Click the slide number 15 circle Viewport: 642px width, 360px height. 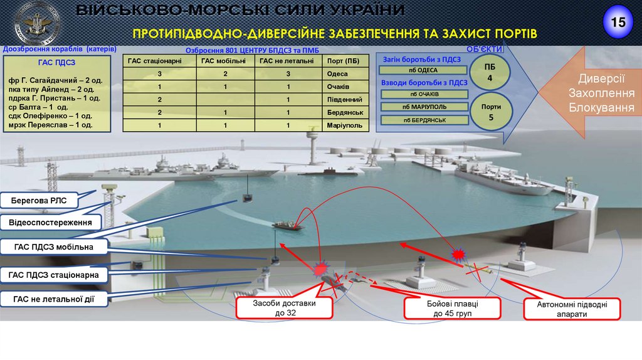pos(618,23)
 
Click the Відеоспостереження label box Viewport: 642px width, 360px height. pos(55,222)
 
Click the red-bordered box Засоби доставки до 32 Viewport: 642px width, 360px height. pos(284,309)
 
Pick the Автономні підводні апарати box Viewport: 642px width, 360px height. pos(571,309)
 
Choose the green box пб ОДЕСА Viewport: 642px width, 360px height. pos(424,70)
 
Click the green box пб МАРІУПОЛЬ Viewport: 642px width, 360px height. pos(424,107)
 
